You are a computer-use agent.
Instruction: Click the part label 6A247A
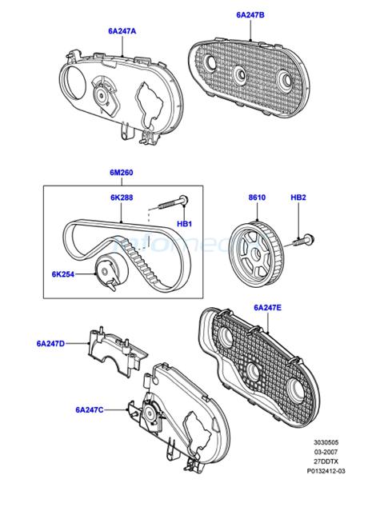(122, 31)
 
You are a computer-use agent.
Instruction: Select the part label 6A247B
(250, 15)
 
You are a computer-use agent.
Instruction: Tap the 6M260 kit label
(122, 173)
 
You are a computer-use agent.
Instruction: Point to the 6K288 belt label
(122, 198)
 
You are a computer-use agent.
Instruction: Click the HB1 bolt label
(184, 223)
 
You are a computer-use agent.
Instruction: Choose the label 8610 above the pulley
(257, 198)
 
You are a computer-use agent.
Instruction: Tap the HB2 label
(298, 198)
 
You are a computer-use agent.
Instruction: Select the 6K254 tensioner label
(63, 274)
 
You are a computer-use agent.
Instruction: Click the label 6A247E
(267, 308)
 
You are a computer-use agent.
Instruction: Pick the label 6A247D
(50, 343)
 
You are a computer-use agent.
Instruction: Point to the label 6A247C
(90, 410)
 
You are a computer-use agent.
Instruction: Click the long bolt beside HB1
(174, 202)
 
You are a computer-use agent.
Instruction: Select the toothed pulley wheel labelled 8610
(255, 253)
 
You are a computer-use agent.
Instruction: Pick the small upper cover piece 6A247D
(118, 351)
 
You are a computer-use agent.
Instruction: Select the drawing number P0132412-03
(326, 471)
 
